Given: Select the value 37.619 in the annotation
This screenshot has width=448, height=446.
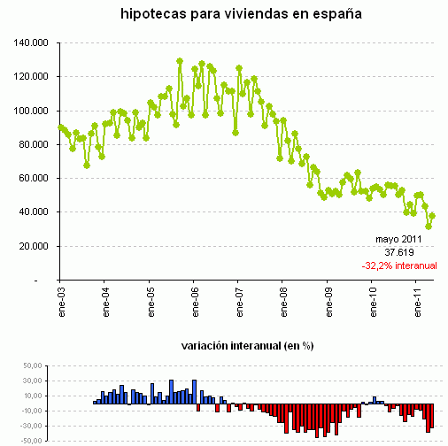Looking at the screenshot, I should coord(400,252).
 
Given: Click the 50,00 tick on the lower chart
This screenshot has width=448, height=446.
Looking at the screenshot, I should coord(32,365).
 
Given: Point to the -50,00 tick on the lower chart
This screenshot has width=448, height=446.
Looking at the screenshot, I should coord(30,440).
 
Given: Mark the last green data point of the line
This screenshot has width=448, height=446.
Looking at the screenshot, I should coord(432,216).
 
